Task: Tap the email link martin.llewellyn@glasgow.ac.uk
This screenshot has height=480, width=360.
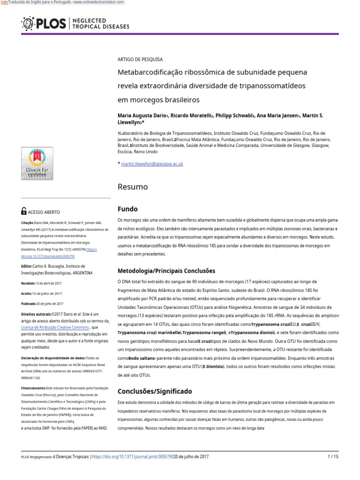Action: click(x=152, y=164)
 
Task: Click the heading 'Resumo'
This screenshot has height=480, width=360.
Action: click(x=132, y=187)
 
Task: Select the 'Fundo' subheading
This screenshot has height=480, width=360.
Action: click(x=127, y=209)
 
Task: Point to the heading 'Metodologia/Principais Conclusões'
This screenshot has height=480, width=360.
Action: click(x=166, y=270)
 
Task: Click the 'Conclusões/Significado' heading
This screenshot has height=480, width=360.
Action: click(x=154, y=391)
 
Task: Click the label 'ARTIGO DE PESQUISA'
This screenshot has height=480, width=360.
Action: click(x=140, y=60)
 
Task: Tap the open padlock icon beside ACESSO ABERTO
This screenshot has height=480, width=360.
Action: click(x=24, y=211)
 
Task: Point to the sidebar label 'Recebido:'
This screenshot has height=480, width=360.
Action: click(x=28, y=283)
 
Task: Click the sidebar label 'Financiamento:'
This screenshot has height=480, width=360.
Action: click(x=34, y=389)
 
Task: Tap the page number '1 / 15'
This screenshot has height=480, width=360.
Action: click(x=332, y=457)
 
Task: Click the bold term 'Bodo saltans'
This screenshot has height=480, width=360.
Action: click(x=143, y=358)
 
